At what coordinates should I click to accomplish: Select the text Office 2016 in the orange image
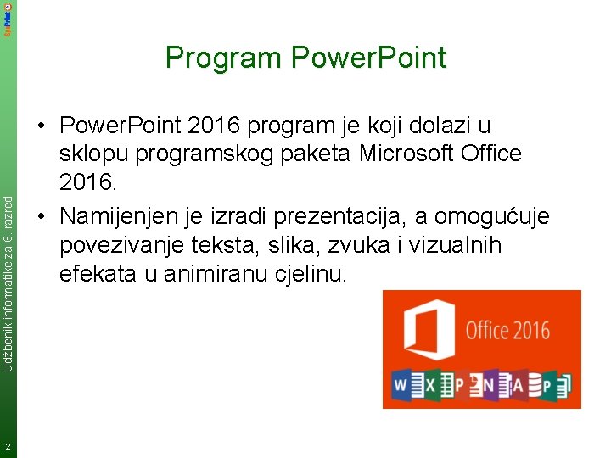[507, 330]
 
